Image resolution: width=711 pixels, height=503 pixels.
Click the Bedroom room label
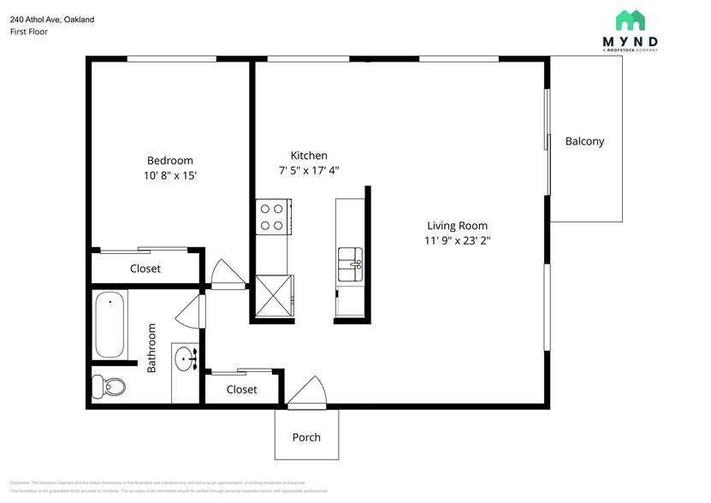pos(169,160)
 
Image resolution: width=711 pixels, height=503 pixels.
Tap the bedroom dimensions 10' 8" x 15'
pos(169,175)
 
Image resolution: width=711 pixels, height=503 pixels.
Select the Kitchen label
pos(309,156)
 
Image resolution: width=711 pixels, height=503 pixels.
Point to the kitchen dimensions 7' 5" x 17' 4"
pos(309,169)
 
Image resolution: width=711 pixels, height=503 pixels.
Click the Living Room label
pos(458,226)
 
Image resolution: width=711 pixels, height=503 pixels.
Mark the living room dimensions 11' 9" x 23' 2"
pos(458,240)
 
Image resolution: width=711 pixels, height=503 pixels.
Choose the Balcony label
pos(584,141)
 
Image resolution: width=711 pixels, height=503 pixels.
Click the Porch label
pos(306,437)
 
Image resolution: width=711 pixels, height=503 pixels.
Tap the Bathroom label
pos(151,347)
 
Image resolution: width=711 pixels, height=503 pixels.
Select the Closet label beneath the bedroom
pos(145,269)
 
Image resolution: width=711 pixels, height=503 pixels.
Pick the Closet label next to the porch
pos(241,389)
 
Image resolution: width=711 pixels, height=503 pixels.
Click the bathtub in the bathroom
pos(110,325)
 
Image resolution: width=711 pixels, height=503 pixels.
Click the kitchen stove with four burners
pos(272,216)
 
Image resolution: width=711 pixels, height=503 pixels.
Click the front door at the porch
pos(306,394)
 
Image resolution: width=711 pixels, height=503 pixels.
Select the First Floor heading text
pos(29,32)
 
